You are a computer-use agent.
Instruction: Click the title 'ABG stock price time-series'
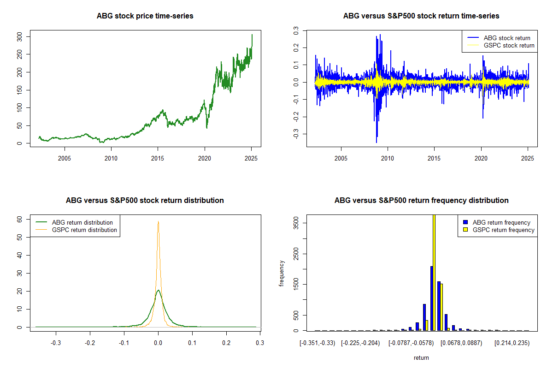145,16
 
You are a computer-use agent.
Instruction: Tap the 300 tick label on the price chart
19,37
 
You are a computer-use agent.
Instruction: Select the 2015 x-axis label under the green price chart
158,158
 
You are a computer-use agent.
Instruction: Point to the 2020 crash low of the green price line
206,128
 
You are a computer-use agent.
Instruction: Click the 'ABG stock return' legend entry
499,38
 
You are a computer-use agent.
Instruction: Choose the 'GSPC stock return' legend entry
500,46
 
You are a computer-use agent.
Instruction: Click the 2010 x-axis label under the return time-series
388,158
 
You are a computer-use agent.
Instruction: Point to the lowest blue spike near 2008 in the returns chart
377,143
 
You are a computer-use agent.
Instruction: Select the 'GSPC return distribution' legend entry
76,230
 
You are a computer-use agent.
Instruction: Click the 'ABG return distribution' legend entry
74,222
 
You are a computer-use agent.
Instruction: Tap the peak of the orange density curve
158,221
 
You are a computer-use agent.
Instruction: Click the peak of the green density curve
158,290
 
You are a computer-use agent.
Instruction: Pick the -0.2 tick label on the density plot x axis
90,343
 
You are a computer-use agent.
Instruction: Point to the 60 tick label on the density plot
19,219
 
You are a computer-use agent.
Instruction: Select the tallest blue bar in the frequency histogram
431,298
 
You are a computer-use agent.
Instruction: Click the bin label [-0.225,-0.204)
360,343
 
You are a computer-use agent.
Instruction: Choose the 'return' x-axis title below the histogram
421,357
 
